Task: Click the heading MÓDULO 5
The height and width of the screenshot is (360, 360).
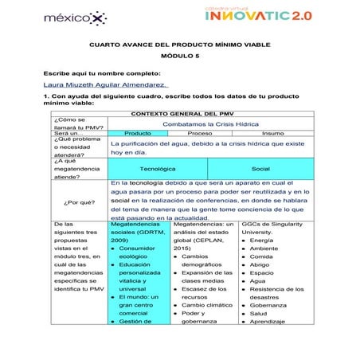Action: click(x=179, y=57)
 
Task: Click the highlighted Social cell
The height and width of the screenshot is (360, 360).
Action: click(x=260, y=169)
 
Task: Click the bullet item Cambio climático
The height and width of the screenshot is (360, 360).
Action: click(x=207, y=305)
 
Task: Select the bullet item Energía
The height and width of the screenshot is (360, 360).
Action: click(x=262, y=240)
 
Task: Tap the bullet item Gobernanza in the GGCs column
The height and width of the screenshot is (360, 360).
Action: click(x=268, y=305)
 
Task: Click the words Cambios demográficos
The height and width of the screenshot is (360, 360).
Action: click(x=199, y=260)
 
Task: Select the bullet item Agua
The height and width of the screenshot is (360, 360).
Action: click(x=257, y=280)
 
